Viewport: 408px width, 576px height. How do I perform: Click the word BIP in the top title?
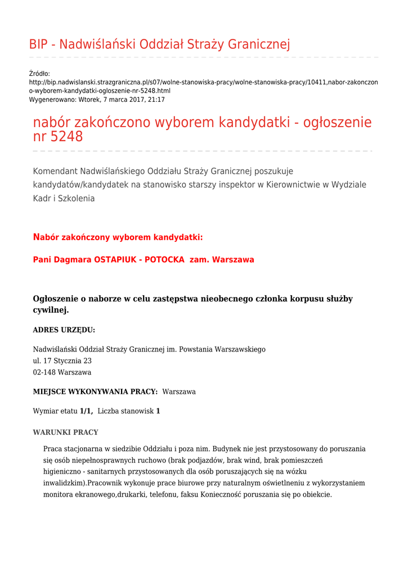40,44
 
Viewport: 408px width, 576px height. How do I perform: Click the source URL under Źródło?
203,86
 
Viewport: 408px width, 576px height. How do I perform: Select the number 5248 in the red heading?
66,137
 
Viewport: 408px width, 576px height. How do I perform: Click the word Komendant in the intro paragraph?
55,171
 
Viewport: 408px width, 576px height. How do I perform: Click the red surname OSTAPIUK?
116,260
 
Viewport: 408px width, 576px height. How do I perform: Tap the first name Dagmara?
73,260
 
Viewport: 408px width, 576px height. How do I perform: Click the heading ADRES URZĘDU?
64,330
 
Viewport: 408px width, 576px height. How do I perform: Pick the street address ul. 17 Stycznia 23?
62,361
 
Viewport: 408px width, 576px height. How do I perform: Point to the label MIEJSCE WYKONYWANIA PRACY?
95,391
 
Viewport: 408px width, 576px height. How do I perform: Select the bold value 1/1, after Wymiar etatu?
86,411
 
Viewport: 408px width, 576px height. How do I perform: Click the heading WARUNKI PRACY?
66,433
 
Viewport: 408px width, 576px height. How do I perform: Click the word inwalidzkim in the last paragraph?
65,483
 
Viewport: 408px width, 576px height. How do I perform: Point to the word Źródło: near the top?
39,74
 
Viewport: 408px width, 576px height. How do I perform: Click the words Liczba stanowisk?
125,411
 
